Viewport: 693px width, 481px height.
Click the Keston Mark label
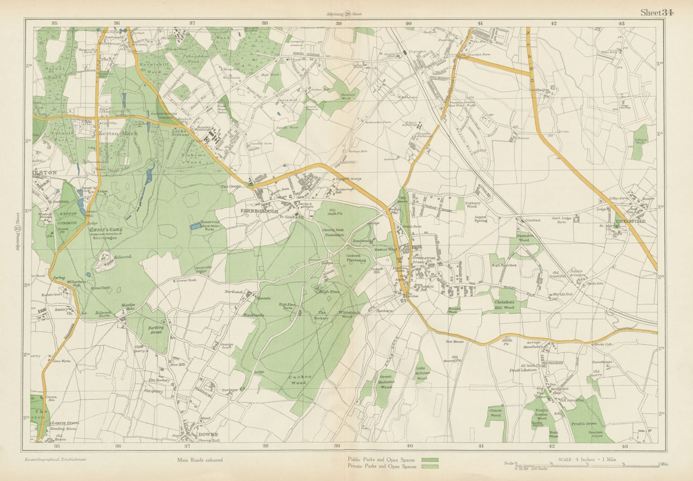point(118,134)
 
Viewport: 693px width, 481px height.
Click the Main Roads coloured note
point(200,460)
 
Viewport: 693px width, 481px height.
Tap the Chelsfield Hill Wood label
point(504,305)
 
